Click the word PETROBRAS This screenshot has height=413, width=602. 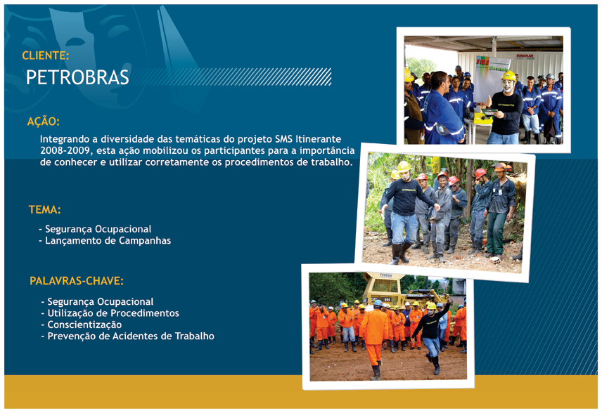click(x=77, y=77)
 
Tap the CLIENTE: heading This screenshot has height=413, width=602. click(x=45, y=55)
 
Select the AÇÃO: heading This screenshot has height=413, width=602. click(x=44, y=122)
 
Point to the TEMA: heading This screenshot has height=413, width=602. click(x=44, y=210)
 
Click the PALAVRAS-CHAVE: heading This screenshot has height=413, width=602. click(x=77, y=281)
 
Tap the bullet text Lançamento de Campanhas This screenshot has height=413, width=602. click(x=108, y=240)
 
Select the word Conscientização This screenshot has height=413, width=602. click(x=84, y=324)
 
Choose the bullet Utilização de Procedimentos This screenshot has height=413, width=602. click(x=113, y=313)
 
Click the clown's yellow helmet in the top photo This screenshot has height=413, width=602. click(x=508, y=76)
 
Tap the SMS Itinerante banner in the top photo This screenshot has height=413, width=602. click(x=492, y=79)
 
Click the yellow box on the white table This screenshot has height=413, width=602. click(x=482, y=118)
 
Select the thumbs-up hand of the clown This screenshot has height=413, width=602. click(x=488, y=102)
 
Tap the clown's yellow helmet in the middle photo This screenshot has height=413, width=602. click(x=404, y=166)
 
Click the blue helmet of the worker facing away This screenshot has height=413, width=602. click(x=378, y=303)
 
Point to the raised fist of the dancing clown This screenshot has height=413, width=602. click(x=447, y=298)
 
